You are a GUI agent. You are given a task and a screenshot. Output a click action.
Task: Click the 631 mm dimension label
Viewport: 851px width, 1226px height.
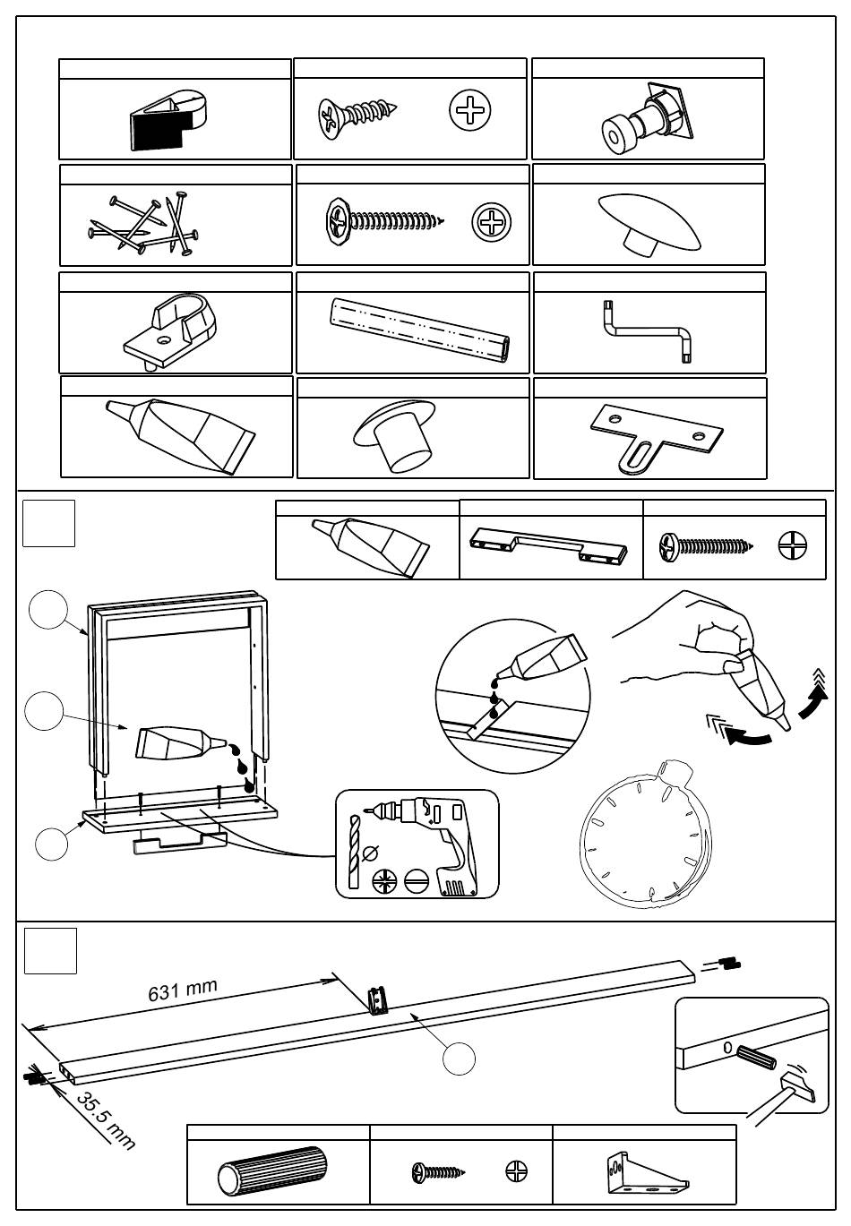point(183,990)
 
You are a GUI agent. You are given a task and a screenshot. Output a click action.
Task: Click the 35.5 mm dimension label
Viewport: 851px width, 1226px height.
point(105,1119)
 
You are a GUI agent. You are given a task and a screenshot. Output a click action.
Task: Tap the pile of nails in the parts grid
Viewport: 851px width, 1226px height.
point(143,223)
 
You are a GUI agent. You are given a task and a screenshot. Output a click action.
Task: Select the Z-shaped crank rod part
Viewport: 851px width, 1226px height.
point(648,332)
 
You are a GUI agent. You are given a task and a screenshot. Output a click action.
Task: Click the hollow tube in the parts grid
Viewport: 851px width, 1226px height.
point(418,330)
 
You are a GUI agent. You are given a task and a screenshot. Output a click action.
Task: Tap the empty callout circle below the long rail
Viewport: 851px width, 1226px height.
point(459,1058)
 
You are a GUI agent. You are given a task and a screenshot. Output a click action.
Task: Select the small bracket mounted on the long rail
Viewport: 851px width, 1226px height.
point(380,999)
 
